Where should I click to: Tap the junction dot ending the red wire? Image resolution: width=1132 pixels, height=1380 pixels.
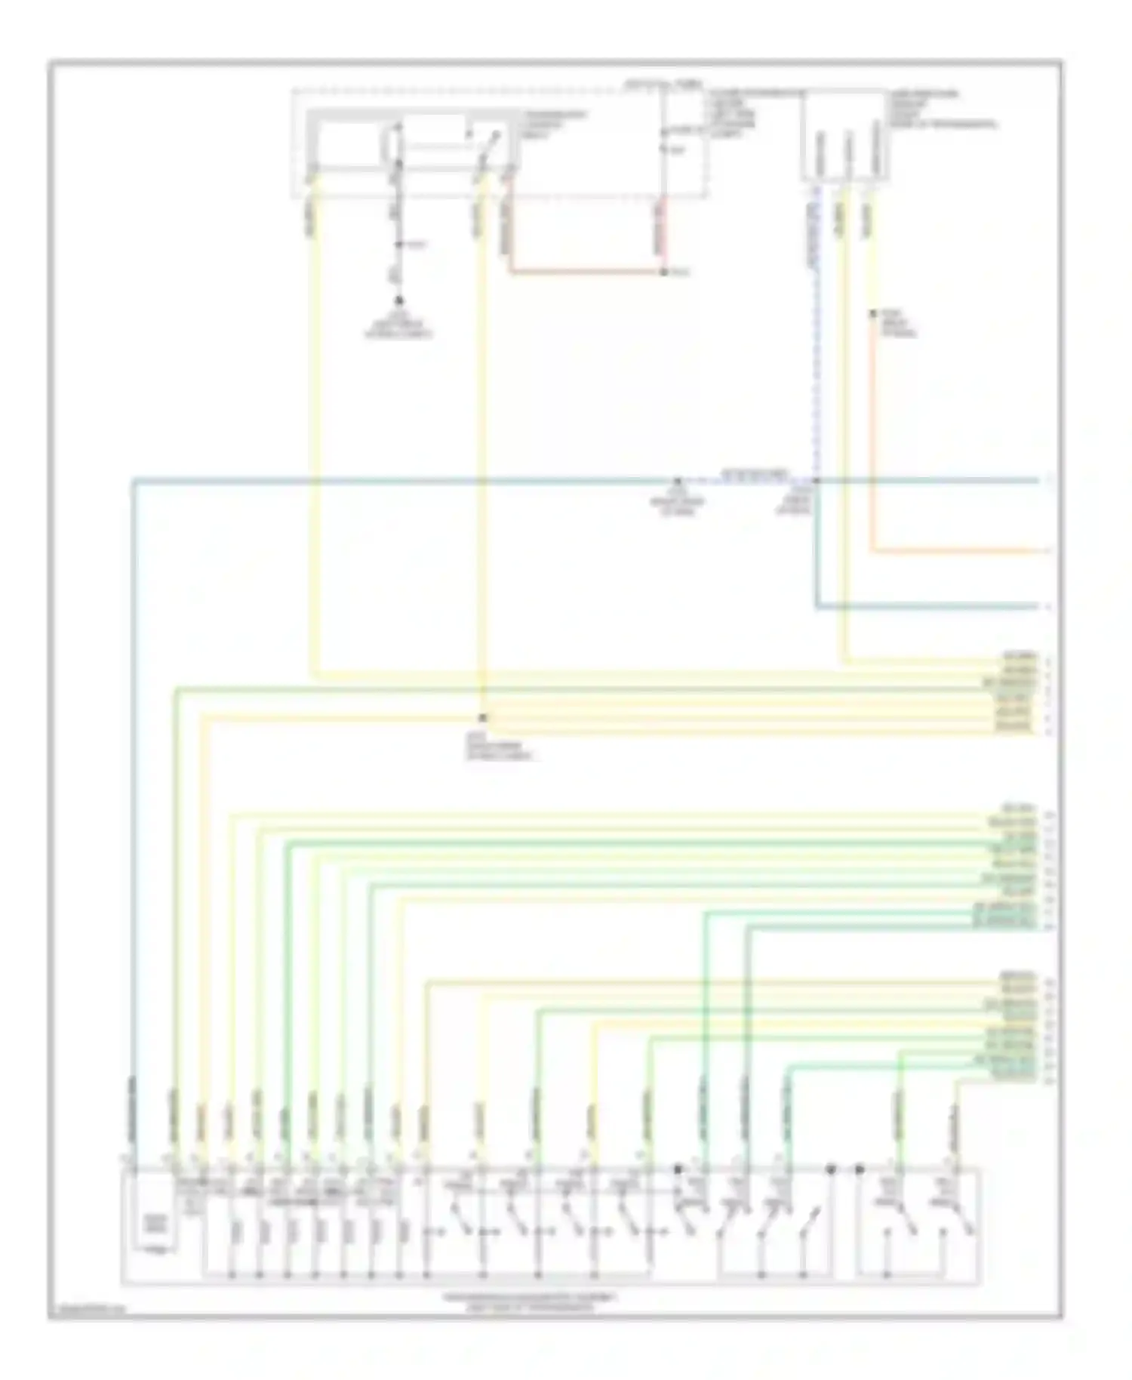(x=664, y=272)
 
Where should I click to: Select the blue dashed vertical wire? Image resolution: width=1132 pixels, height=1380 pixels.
(x=816, y=340)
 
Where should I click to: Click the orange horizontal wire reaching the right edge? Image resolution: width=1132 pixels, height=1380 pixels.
(x=958, y=551)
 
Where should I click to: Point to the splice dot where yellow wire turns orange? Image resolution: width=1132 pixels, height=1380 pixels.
(x=872, y=313)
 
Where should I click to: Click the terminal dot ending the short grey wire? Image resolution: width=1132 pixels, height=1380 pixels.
(x=399, y=300)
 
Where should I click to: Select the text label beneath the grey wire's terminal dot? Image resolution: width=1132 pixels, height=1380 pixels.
(x=398, y=328)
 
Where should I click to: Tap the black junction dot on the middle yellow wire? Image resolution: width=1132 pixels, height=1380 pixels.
(x=483, y=718)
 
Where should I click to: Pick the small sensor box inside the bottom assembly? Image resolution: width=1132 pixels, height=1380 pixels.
(x=155, y=1223)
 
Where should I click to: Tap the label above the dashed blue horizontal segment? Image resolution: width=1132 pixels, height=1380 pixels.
(x=755, y=474)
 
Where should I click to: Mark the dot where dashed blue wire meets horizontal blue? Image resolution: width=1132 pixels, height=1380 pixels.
(x=816, y=481)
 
